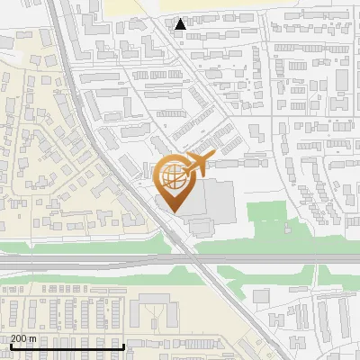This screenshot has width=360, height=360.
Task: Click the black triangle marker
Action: (x=181, y=24)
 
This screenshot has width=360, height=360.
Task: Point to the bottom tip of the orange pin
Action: (x=173, y=211)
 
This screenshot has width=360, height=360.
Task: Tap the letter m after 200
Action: (x=34, y=338)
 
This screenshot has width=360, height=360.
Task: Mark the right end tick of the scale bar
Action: (x=123, y=346)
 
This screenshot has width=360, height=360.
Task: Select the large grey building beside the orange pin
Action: (x=216, y=202)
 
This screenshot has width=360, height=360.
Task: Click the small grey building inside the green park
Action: (x=261, y=296)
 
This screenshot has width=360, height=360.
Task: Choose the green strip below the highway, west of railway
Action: (x=90, y=274)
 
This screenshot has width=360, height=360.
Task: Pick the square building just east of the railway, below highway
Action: (x=261, y=296)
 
